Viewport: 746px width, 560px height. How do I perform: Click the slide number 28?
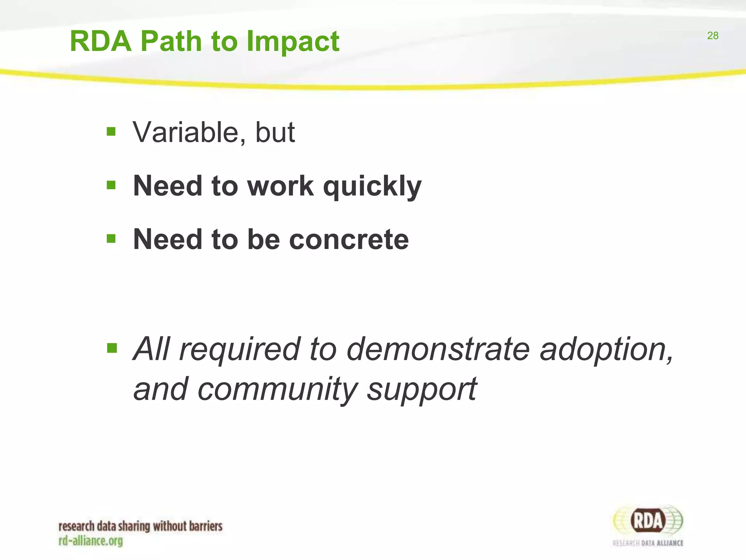click(x=712, y=36)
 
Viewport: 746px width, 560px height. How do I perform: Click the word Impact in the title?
click(x=293, y=42)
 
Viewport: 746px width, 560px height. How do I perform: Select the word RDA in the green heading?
click(x=101, y=42)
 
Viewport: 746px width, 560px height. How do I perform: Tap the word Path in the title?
click(x=171, y=42)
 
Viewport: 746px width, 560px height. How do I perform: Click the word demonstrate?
click(x=437, y=349)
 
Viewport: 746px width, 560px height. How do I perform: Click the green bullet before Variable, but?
click(x=111, y=131)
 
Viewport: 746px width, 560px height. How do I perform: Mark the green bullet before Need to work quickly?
click(x=111, y=185)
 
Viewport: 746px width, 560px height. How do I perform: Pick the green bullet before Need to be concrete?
click(x=111, y=239)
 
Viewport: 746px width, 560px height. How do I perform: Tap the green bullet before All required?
click(x=112, y=348)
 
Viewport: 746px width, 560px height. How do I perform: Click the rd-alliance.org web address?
click(x=91, y=541)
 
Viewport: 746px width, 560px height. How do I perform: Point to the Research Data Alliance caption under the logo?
click(x=648, y=543)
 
